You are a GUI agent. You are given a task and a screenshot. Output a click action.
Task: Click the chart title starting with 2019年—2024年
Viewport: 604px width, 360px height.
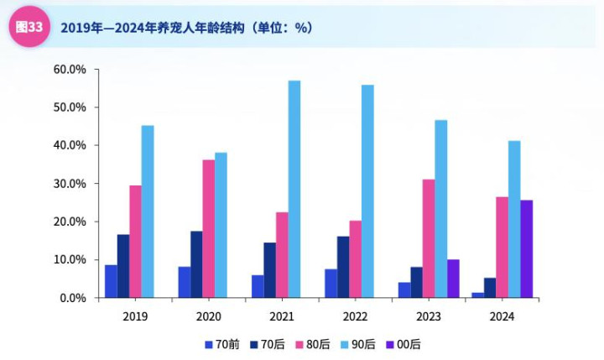[x=186, y=28]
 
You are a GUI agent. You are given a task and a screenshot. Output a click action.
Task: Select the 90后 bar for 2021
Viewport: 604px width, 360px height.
[x=294, y=189]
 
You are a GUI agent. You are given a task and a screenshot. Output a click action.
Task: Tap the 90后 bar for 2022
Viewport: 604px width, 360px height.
[x=367, y=191]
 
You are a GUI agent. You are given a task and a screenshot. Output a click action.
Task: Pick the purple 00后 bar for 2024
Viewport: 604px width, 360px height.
[x=526, y=248]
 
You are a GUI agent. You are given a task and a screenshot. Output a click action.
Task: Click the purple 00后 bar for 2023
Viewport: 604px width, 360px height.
[x=453, y=279]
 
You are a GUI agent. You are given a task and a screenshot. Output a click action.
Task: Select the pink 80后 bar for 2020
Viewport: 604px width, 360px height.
[x=208, y=228]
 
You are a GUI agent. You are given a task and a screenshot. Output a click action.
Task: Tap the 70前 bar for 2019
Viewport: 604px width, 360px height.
[x=111, y=281]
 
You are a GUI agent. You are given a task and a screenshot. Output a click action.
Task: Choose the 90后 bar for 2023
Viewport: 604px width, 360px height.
[x=440, y=209]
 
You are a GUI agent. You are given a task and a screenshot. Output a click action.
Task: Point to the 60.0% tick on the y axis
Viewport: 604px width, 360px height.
[x=70, y=70]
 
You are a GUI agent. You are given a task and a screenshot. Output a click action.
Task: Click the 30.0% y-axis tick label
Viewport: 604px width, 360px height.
[x=70, y=184]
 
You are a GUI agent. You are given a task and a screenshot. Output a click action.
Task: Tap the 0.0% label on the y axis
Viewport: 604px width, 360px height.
[x=73, y=298]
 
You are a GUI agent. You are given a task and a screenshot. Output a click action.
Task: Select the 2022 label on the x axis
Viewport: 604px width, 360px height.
[x=355, y=316]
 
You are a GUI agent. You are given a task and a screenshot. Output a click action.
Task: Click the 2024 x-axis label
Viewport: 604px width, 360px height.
[x=501, y=316]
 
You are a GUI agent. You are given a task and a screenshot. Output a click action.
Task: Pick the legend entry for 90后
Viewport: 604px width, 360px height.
[x=358, y=344]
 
